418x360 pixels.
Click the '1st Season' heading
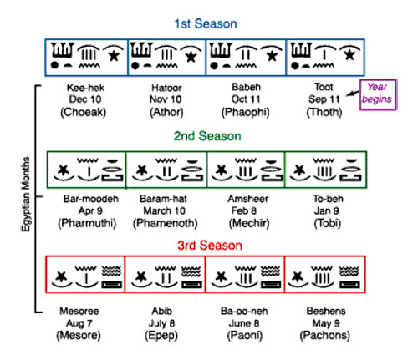pos(206,24)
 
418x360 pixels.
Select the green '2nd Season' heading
pos(207,136)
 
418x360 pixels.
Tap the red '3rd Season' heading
pos(210,246)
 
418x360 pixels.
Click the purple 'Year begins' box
pos(378,95)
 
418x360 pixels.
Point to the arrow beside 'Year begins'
pos(353,93)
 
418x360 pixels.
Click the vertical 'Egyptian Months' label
pos(25,194)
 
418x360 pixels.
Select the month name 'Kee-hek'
pos(85,88)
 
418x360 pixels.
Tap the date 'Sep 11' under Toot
pos(324,99)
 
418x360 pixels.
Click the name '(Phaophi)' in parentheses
pos(246,112)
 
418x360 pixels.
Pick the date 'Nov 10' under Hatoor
pos(166,99)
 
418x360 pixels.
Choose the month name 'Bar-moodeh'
pos(91,199)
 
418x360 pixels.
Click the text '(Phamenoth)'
pos(166,223)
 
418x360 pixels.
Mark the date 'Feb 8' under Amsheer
pos(244,210)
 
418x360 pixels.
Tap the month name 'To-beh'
pos(328,199)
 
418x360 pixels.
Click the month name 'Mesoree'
pos(79,311)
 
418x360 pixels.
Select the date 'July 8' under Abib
pos(161,323)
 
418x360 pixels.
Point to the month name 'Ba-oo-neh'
pos(244,311)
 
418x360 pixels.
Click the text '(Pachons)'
pos(325,335)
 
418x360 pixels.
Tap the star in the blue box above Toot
pos(349,55)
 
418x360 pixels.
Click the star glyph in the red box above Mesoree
pos(61,276)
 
